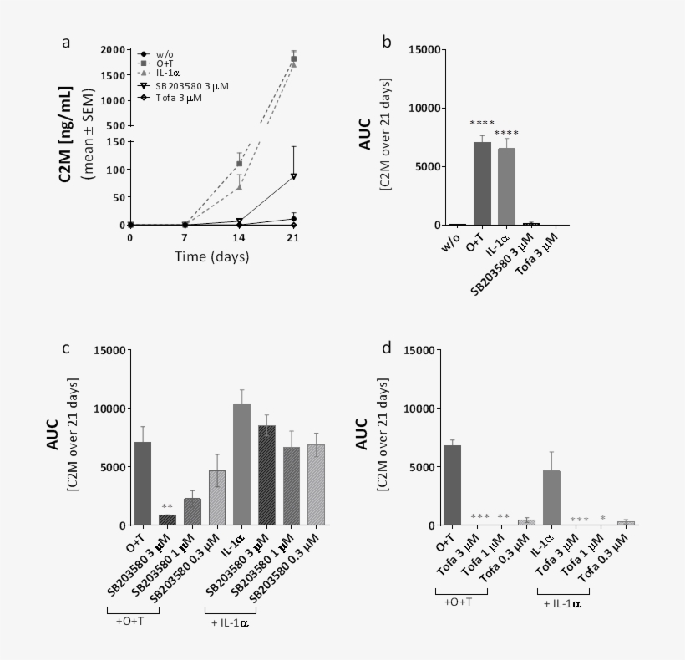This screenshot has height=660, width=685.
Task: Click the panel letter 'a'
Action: tap(66, 43)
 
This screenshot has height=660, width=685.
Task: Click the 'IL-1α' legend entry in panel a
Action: tap(168, 75)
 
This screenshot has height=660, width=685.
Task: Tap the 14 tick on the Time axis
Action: tap(239, 238)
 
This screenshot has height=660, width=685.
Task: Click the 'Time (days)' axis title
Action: tap(211, 256)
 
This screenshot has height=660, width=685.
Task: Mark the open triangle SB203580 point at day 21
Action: tap(294, 176)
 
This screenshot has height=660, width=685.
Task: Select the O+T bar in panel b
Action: tap(481, 183)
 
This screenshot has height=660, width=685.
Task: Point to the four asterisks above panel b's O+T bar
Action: tap(481, 124)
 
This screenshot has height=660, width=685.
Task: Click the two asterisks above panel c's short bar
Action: tap(167, 506)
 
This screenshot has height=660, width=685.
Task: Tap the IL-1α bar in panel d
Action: tap(551, 497)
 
